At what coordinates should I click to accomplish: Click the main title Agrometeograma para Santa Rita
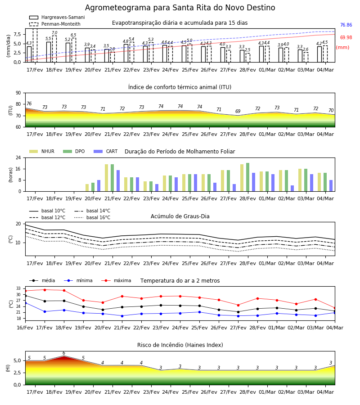[180, 8]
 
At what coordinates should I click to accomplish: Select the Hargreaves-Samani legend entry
[57, 17]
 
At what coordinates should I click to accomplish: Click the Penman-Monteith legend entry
[55, 24]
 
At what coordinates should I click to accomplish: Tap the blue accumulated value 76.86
[346, 25]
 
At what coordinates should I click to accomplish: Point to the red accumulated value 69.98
[346, 37]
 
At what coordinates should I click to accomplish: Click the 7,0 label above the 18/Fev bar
[54, 33]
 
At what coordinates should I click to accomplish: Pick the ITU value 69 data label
[238, 111]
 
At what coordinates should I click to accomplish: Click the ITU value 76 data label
[29, 103]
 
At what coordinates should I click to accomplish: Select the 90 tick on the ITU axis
[18, 93]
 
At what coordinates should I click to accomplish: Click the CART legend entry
[106, 151]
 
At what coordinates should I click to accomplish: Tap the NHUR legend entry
[42, 151]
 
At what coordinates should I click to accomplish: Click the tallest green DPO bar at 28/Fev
[247, 177]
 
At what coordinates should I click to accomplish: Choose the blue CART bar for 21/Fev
[118, 181]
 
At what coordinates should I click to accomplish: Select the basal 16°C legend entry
[92, 217]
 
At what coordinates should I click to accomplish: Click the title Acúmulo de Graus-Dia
[180, 216]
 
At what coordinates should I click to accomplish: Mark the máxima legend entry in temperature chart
[116, 280]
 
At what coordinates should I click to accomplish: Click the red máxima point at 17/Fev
[45, 290]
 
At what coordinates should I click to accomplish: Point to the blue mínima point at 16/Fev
[25, 303]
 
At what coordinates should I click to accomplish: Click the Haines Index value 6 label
[64, 353]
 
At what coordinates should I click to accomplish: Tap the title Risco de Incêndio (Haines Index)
[180, 345]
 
